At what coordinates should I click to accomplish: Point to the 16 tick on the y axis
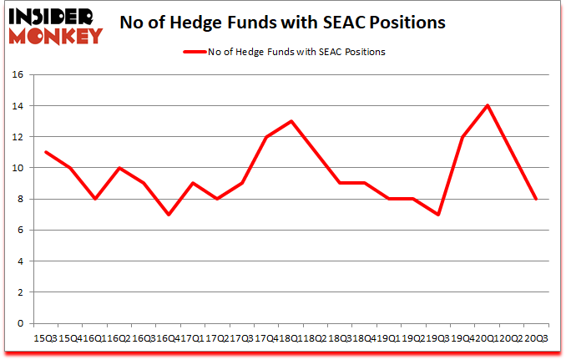click(18, 74)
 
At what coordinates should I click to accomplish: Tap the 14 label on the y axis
click(18, 106)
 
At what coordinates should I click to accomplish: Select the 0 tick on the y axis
click(22, 323)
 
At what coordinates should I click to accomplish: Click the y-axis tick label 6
click(22, 230)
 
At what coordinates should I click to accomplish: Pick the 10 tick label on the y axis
click(18, 168)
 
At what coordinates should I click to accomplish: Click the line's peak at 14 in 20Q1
click(487, 105)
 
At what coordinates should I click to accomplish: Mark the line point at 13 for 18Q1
click(291, 121)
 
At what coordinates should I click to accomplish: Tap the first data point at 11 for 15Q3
click(45, 152)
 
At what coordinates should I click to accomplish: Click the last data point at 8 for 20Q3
click(535, 199)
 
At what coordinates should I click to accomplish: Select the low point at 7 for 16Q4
click(168, 215)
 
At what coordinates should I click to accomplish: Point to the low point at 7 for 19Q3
click(437, 215)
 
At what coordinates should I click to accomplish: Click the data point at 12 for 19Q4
click(462, 137)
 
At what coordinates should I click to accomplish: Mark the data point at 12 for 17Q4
click(265, 137)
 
